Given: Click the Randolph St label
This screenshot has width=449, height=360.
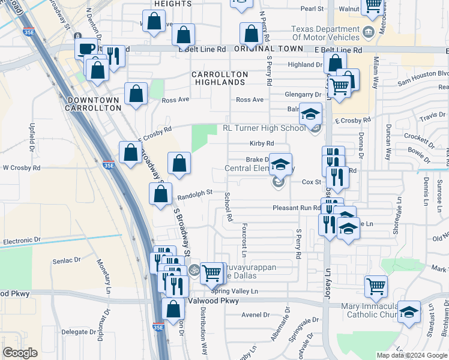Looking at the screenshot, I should click(x=195, y=193).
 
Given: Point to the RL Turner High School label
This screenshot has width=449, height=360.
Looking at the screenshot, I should click(x=264, y=128).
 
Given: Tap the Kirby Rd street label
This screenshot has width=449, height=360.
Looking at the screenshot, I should click(x=262, y=143).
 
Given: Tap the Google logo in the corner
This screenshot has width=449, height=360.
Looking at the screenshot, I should click(x=20, y=353).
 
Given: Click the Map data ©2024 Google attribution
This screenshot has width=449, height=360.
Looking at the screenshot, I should click(x=412, y=355).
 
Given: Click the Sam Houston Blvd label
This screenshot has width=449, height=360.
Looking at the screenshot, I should click(x=423, y=79).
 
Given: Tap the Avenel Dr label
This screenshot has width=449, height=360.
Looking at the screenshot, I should click(x=255, y=314).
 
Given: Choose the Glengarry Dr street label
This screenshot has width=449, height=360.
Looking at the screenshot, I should click(x=303, y=95).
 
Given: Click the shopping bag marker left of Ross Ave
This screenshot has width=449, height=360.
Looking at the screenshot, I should click(x=136, y=94).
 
